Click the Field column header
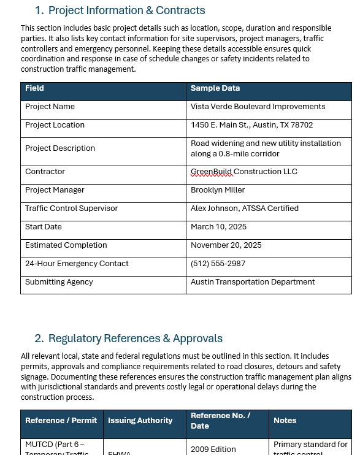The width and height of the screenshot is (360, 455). tap(34, 88)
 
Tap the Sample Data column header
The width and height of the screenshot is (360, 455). tap(215, 88)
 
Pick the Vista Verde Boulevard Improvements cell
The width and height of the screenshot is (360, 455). tap(258, 107)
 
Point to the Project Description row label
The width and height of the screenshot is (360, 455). tap(60, 148)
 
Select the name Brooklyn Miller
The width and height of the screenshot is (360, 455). tap(218, 190)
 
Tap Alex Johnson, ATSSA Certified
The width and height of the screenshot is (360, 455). tap(244, 208)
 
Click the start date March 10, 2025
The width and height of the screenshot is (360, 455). tap(218, 227)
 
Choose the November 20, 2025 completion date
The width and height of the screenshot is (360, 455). tap(226, 245)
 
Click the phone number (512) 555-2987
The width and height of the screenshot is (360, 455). tap(218, 264)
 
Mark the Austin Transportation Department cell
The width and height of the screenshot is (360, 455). tap(253, 282)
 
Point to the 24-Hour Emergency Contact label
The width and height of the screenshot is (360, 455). tap(77, 264)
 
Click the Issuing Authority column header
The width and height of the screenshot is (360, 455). tap(140, 421)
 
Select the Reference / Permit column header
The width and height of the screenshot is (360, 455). tap(61, 421)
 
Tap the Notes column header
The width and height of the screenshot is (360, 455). tap(285, 421)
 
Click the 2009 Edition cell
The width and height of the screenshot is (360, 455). tap(213, 449)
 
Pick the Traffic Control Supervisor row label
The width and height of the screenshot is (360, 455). tap(71, 208)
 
